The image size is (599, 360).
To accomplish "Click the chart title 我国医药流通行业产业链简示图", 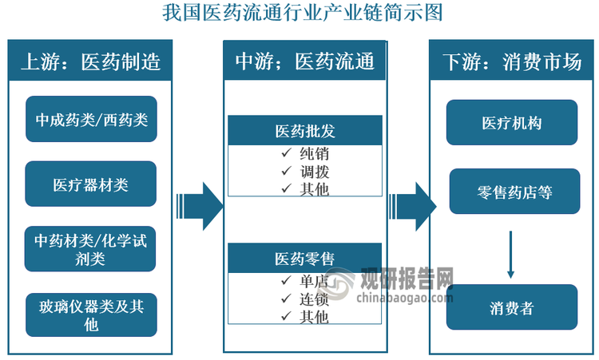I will point(299,13).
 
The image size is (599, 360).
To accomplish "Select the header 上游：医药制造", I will point(90,61).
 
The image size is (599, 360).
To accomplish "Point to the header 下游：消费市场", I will point(512,61).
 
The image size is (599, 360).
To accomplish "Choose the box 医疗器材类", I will point(91,184).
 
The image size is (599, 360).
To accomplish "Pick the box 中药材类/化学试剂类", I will point(91,249).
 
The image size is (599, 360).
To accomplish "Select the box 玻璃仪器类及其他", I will point(91,314).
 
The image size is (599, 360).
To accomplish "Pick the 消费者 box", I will point(512,307).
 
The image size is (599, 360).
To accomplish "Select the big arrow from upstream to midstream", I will point(199,206).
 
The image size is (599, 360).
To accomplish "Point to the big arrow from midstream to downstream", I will point(415,206).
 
